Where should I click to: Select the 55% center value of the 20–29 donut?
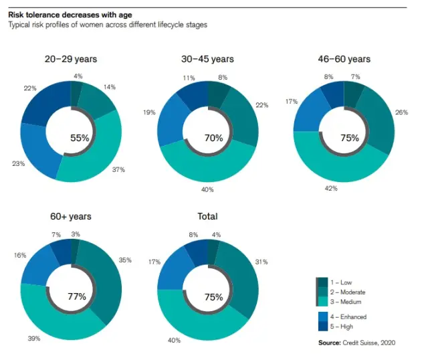(x=80, y=138)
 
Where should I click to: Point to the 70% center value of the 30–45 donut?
(x=213, y=139)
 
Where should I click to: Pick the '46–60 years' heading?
(x=344, y=59)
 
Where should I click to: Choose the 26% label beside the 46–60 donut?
(x=402, y=112)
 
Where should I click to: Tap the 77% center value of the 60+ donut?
(x=78, y=296)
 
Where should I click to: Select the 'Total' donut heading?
(x=207, y=216)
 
